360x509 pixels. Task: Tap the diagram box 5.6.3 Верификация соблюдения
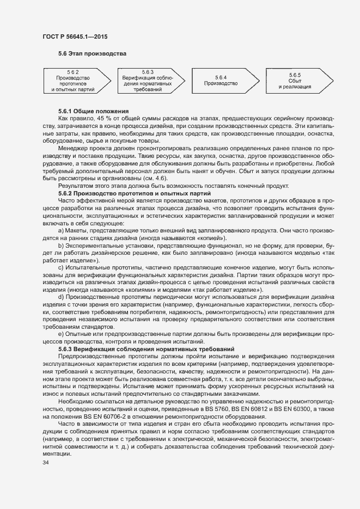(x=147, y=81)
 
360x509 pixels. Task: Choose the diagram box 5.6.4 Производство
(x=221, y=81)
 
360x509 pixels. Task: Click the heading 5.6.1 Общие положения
(x=93, y=111)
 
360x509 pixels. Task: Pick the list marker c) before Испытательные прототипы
(x=60, y=268)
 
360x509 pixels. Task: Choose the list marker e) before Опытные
(x=60, y=333)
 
